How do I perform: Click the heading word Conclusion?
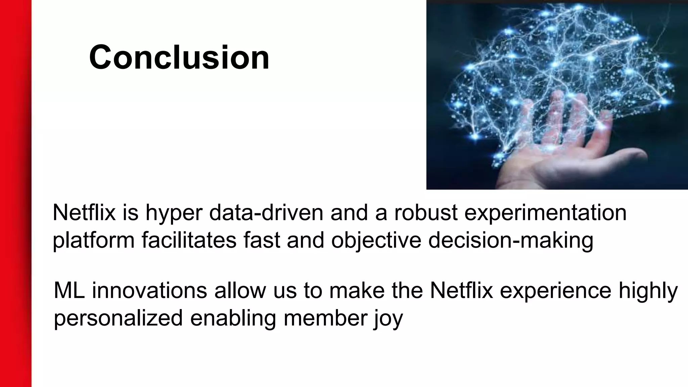pyautogui.click(x=179, y=57)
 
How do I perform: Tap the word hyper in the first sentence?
pyautogui.click(x=174, y=213)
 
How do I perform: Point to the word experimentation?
pyautogui.click(x=545, y=213)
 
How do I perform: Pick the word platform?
pyautogui.click(x=93, y=241)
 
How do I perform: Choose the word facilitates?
pyautogui.click(x=189, y=240)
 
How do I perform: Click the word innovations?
pyautogui.click(x=149, y=291)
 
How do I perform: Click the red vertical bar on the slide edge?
pyautogui.click(x=15, y=193)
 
